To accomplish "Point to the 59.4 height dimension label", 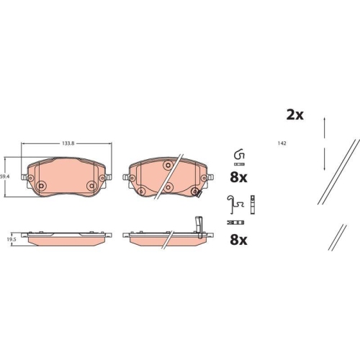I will (x=4, y=176).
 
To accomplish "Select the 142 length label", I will (x=283, y=144).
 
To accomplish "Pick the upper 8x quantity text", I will (x=238, y=177).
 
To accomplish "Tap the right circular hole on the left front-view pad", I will (x=91, y=186).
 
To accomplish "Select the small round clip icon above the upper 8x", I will (x=239, y=155).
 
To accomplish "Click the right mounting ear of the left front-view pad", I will (x=108, y=174).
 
